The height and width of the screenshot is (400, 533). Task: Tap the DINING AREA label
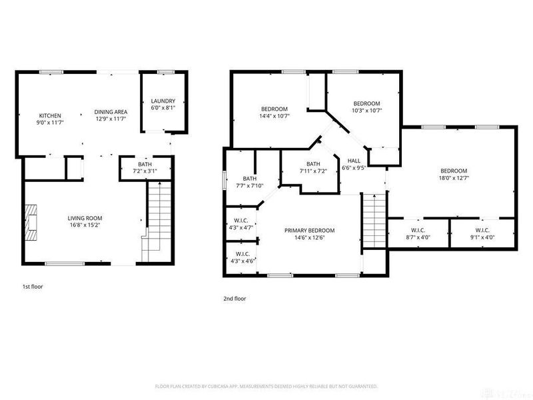coord(111,112)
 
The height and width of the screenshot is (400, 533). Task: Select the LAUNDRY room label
coord(163,101)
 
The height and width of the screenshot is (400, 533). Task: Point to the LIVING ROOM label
coord(85,218)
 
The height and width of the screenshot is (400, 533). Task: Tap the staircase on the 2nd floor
coord(374,221)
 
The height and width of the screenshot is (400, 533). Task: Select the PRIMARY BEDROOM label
coord(309,231)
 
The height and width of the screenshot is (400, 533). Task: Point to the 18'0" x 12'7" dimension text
coord(454,177)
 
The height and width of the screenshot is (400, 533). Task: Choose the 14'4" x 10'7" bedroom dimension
coord(274,116)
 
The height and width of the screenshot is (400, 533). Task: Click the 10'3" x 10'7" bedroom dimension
coord(366,110)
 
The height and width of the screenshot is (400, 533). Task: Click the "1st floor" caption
coord(33,286)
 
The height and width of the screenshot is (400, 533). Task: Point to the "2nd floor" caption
coord(235,299)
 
